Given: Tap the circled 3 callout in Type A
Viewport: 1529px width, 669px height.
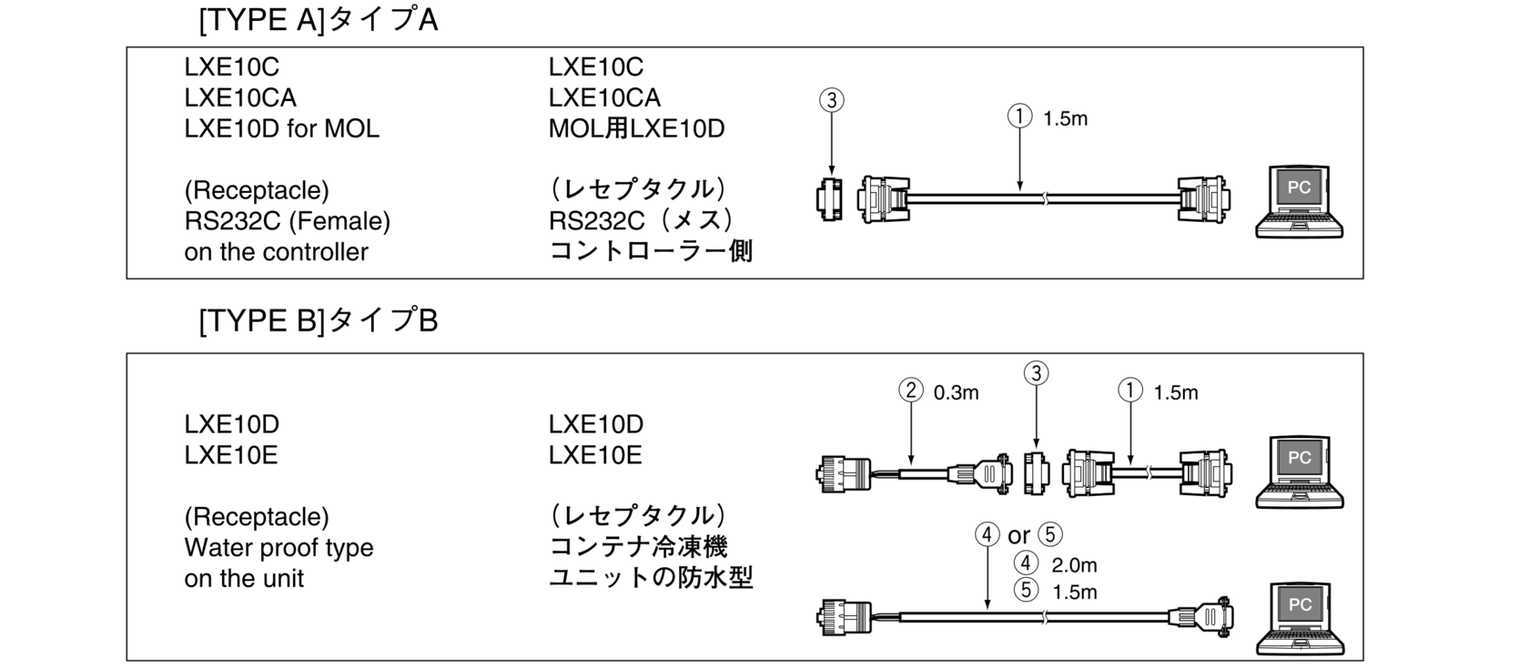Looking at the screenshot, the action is [x=832, y=100].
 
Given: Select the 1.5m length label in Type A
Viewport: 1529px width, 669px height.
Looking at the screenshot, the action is [x=1065, y=118].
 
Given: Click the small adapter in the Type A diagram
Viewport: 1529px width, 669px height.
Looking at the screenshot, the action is [x=829, y=199].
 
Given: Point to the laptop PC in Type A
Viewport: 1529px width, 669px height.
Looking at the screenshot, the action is [x=1300, y=201].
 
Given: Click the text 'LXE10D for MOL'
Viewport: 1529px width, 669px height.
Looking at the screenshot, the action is [x=281, y=128].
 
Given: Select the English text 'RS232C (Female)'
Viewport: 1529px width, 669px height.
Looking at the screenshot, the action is [x=288, y=221].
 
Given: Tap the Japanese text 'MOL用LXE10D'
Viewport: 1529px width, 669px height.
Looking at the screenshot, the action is [x=636, y=128].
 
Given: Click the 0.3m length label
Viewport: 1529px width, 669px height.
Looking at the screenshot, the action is [x=956, y=392].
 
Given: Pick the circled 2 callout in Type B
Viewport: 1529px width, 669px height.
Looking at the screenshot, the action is [x=910, y=390].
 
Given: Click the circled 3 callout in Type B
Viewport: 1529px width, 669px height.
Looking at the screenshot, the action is [x=1036, y=373].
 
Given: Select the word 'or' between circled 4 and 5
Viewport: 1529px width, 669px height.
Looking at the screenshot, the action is [x=1019, y=536].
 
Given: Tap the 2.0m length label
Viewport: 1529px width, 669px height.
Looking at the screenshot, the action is [x=1074, y=565].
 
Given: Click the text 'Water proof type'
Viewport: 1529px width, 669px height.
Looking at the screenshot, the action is [x=278, y=548].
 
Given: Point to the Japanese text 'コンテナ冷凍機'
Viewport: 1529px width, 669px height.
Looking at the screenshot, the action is [x=638, y=547].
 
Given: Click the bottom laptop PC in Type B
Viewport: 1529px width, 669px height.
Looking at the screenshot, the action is [x=1300, y=619].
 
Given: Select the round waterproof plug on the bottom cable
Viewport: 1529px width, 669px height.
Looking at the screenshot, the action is [x=844, y=618].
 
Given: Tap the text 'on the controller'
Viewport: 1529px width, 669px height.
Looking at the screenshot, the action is [x=276, y=252].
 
